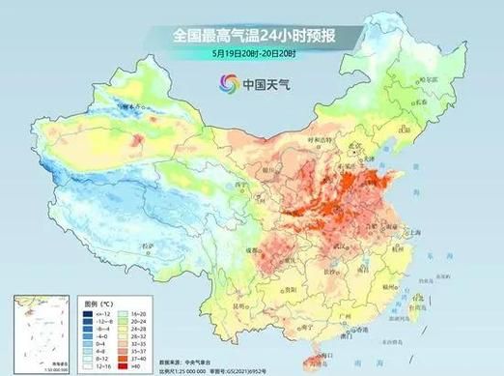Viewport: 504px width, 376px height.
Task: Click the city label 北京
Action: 361,146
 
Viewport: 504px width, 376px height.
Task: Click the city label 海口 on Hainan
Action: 319,343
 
